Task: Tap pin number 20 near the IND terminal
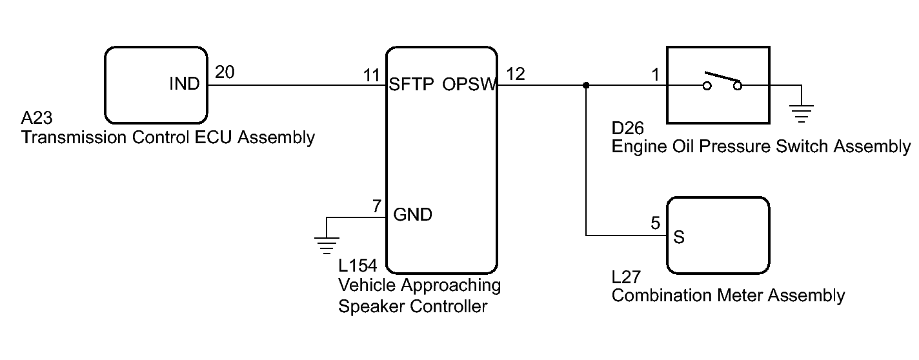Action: tap(225, 73)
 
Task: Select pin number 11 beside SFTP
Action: tap(371, 74)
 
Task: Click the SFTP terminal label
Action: tap(411, 85)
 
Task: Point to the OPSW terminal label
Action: tap(470, 85)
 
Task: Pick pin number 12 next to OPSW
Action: tap(516, 74)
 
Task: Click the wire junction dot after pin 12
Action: tap(585, 85)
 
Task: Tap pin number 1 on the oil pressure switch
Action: tap(656, 75)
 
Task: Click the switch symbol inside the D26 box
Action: tap(723, 82)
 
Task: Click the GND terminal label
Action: tap(412, 215)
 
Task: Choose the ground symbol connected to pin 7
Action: tap(327, 243)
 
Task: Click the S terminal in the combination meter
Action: tap(679, 237)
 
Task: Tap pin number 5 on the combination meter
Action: tap(656, 225)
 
